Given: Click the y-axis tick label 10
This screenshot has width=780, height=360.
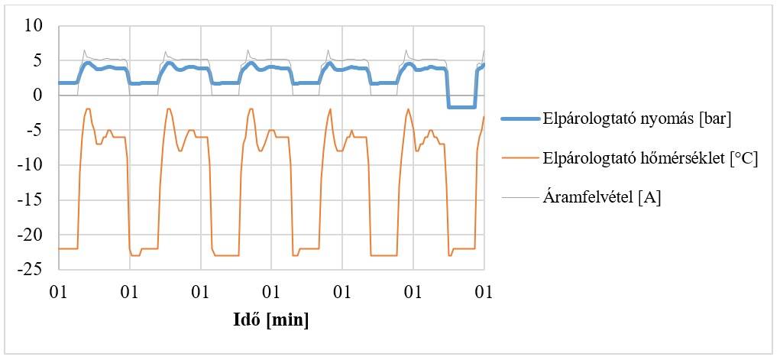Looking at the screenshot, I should click(x=34, y=26).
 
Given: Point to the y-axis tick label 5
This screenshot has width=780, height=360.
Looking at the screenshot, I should click(x=39, y=60).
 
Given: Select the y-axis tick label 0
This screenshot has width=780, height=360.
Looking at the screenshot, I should click(x=39, y=96).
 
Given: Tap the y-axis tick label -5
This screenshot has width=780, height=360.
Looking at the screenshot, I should click(x=36, y=130).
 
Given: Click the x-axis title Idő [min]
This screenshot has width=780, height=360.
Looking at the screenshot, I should click(x=270, y=320).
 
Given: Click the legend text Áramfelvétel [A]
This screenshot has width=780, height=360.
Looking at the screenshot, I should click(x=602, y=197).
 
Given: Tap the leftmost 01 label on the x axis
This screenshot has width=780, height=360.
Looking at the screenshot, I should click(x=58, y=291).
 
